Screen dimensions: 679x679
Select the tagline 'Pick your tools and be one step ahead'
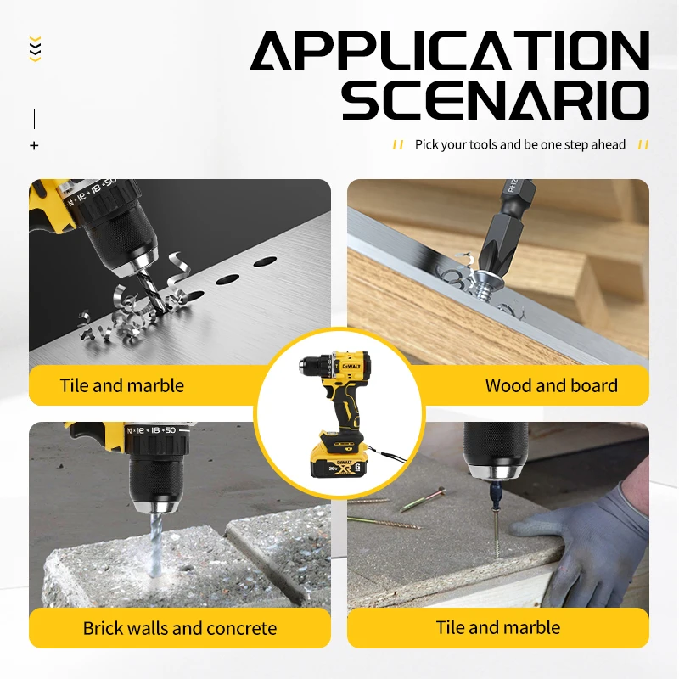519,144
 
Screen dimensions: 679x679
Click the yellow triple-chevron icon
35,48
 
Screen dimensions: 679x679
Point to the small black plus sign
34,146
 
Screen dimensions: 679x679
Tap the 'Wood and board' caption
551,385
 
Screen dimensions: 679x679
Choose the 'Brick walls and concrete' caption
179,629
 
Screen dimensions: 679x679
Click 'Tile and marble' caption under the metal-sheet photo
121,385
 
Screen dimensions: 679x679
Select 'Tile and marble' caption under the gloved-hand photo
498,628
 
